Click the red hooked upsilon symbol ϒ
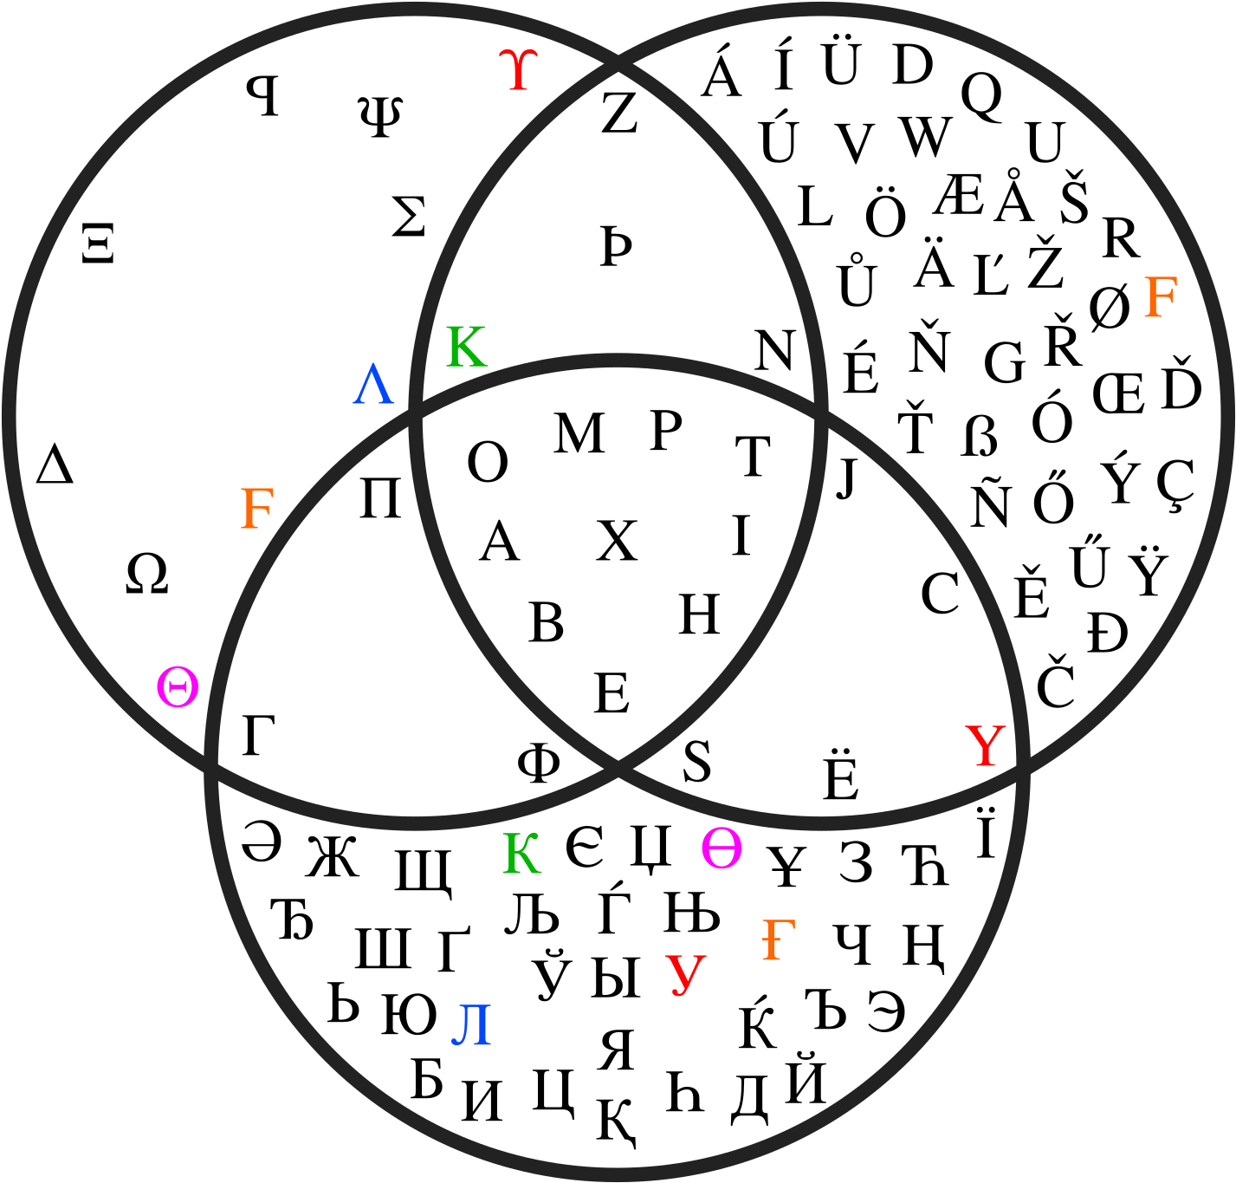518,70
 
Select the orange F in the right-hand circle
1160,297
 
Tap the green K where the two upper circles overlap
466,347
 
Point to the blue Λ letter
373,385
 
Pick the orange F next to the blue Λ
256,509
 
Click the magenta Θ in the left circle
178,687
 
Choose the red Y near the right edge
986,746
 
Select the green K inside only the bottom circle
521,853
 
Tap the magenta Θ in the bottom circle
722,848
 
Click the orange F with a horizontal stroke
778,939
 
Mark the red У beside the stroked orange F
686,974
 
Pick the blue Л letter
472,1025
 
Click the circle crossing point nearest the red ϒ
618,65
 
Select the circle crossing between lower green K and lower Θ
618,767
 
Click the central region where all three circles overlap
617,555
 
